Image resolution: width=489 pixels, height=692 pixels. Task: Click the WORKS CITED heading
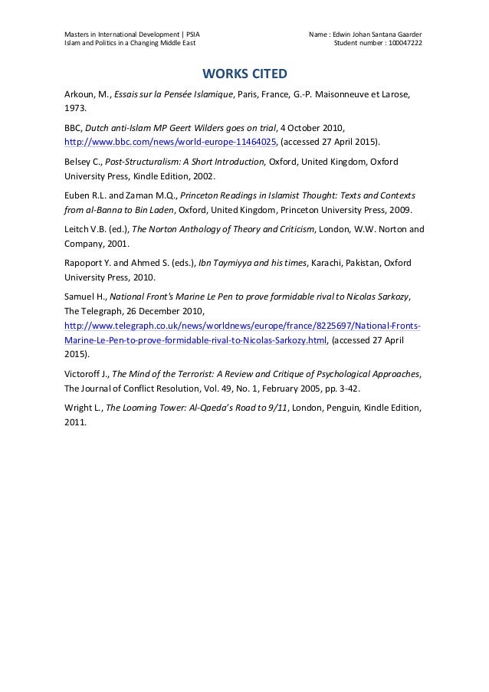pos(244,74)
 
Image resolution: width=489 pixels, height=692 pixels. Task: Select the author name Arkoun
pos(80,96)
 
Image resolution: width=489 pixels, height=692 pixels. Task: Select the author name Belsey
pos(78,162)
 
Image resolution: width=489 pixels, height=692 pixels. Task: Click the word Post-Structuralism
pos(137,162)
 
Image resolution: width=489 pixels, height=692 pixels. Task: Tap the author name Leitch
pos(76,230)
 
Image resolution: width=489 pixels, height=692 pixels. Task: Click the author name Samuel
pos(80,297)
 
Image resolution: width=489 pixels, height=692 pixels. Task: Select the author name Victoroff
pos(84,374)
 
